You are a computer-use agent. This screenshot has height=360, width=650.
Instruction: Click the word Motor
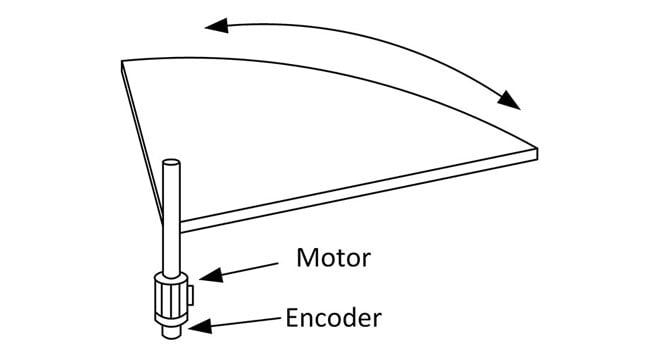pos(334,257)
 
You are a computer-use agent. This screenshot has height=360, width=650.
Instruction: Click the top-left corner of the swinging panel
pos(123,63)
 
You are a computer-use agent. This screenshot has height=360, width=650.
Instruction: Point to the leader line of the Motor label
pos(245,269)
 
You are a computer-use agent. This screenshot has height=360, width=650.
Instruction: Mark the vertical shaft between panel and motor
pos(171,240)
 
